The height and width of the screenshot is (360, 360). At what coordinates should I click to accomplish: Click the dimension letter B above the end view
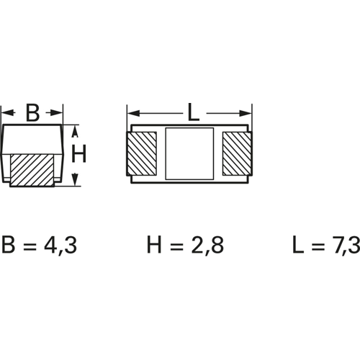pyautogui.click(x=32, y=112)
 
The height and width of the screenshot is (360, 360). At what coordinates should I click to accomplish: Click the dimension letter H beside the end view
pyautogui.click(x=78, y=153)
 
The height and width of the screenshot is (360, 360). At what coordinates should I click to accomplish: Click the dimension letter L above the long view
pyautogui.click(x=194, y=112)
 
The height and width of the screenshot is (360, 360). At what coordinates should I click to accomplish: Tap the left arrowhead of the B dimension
pyautogui.click(x=8, y=112)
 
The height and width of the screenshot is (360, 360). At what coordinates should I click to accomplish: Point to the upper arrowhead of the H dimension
pyautogui.click(x=76, y=131)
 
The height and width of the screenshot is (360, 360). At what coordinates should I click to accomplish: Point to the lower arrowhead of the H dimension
pyautogui.click(x=76, y=179)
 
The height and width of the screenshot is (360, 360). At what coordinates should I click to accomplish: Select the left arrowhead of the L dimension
pyautogui.click(x=134, y=113)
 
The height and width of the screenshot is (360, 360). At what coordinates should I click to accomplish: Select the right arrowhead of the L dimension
pyautogui.click(x=246, y=113)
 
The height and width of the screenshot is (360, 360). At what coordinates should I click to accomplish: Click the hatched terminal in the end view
pyautogui.click(x=32, y=171)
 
